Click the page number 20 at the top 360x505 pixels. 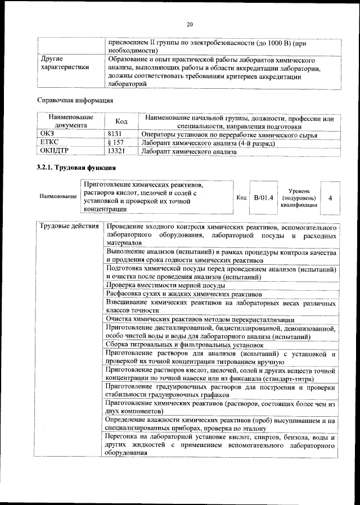tap(190, 24)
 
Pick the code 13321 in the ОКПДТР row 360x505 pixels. tap(116, 151)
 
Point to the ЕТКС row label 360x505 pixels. tap(49, 143)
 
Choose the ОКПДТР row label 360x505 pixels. tap(55, 151)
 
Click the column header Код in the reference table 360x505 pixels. tap(121, 121)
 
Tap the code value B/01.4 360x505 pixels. tap(263, 197)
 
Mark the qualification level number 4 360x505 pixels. tap(330, 198)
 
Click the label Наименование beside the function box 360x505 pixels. tap(58, 197)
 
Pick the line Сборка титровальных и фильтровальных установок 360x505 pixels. tap(184, 344)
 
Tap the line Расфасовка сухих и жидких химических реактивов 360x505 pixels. tap(183, 294)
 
